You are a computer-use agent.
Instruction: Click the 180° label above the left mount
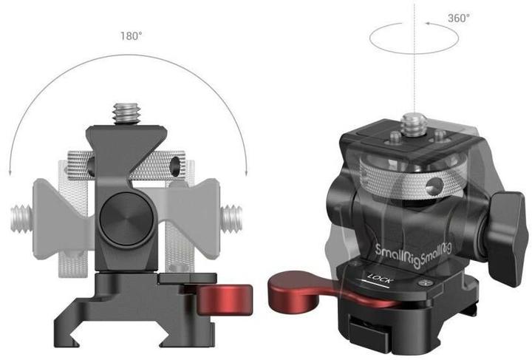coord(132,35)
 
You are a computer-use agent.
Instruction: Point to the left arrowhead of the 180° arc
coord(10,171)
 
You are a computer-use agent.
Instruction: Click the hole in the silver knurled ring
coord(449,183)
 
